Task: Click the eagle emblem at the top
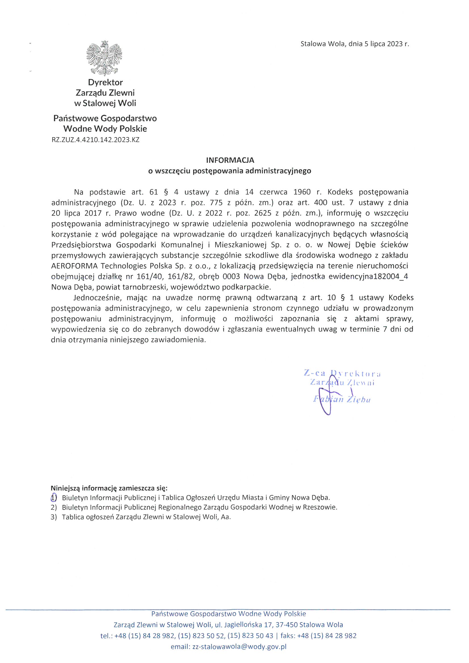point(104,58)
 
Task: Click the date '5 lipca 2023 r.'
point(387,44)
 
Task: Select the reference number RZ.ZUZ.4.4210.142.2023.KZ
point(95,140)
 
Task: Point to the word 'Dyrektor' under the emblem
point(106,83)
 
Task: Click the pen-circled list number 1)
point(54,498)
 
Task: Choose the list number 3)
point(54,517)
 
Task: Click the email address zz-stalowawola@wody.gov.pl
point(239,647)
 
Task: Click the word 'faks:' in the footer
point(288,635)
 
